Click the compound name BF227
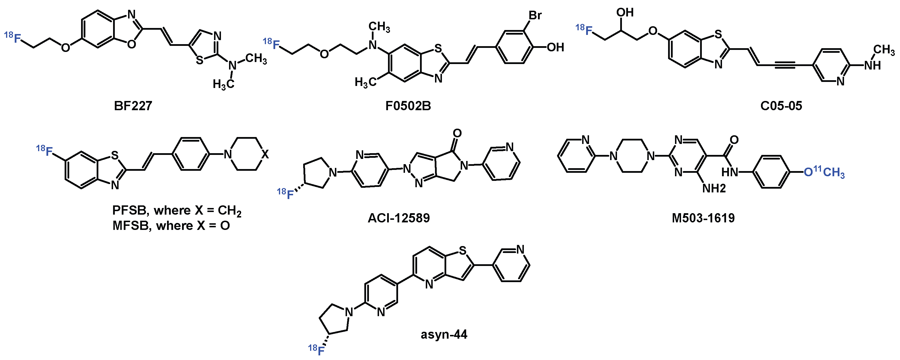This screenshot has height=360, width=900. point(133,106)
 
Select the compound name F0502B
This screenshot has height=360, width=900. point(408,106)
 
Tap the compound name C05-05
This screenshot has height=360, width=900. point(781,106)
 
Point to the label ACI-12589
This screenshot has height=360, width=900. point(399,218)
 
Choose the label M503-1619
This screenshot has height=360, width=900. point(703,218)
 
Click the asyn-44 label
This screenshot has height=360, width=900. point(444,335)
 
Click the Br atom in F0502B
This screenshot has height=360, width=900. point(535,15)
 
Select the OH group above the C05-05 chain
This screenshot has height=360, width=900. point(625,13)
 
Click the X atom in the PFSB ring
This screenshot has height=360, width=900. point(265,154)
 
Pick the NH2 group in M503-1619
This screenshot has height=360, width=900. point(714,188)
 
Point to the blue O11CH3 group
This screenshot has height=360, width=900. point(824,172)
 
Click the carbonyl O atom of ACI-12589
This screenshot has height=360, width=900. point(457,133)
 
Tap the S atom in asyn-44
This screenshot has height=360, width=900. point(463,250)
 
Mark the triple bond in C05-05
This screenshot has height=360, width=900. point(785,65)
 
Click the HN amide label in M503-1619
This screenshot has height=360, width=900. point(730,172)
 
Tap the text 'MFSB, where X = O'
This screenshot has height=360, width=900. point(171,226)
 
